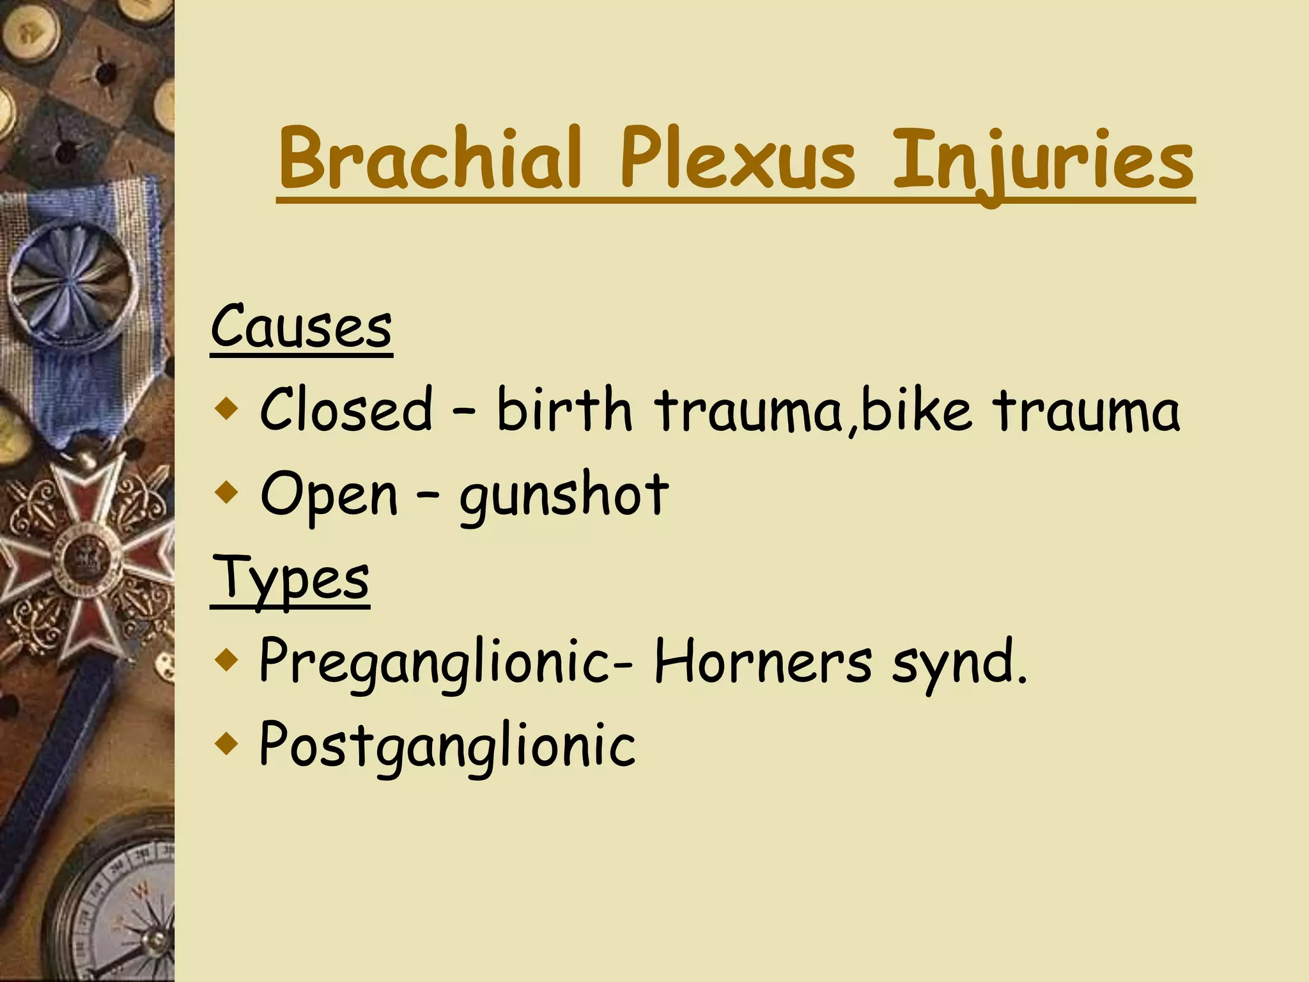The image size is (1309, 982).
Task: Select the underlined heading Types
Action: coord(290,579)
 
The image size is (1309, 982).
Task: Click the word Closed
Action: coord(346,409)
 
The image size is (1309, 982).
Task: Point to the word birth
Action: coord(564,409)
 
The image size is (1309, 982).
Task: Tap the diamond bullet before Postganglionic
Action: coord(226,744)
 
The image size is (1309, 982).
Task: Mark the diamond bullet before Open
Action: coord(226,493)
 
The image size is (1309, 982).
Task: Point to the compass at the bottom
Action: coord(121,908)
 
